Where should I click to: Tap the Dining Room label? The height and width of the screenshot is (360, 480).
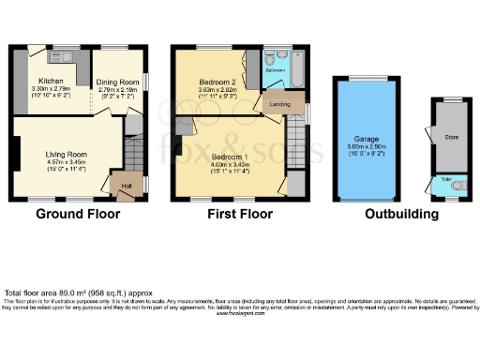[117, 82]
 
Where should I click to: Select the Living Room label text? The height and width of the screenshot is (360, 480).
[67, 154]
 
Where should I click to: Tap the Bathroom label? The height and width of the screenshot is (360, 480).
[275, 70]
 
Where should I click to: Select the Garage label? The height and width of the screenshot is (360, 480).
[367, 139]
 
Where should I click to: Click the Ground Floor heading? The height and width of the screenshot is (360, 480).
[78, 214]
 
